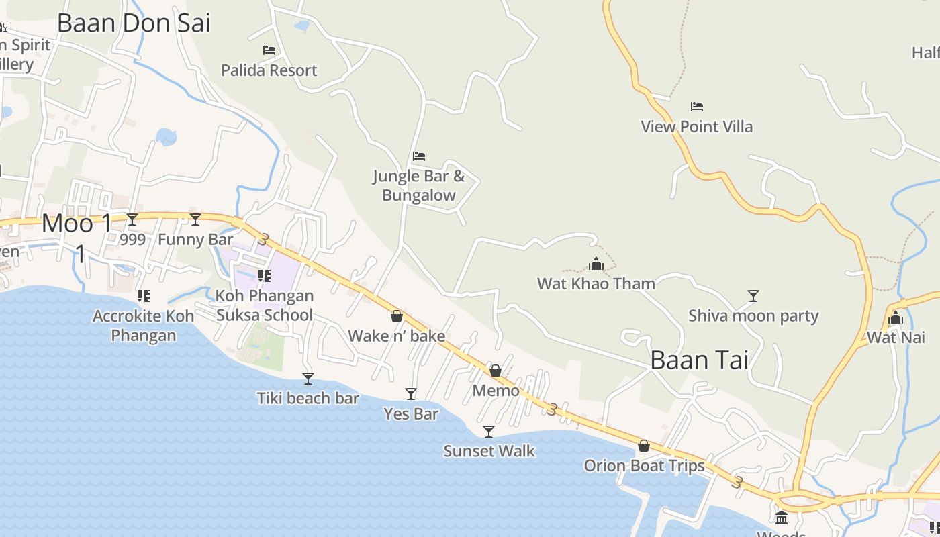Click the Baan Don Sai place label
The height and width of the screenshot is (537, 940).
(x=134, y=23)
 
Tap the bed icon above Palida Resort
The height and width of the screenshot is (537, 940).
(x=269, y=50)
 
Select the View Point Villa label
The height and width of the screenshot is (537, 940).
(x=696, y=126)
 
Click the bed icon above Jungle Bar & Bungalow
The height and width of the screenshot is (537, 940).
(x=419, y=157)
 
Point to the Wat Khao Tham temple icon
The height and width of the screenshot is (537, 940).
(x=596, y=264)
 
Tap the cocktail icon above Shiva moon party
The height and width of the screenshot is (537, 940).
(x=753, y=296)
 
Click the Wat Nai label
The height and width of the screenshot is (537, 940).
(x=896, y=337)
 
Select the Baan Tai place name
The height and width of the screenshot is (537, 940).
(x=699, y=360)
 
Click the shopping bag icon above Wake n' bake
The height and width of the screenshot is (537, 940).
(x=397, y=316)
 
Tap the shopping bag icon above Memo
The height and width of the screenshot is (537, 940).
(x=496, y=371)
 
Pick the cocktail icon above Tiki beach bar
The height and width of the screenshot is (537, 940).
(x=308, y=379)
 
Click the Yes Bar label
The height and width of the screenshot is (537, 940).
(x=411, y=413)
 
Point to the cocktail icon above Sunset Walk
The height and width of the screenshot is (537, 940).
(x=489, y=432)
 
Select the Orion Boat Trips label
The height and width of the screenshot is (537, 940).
(x=644, y=465)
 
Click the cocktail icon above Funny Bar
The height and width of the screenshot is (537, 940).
(x=195, y=219)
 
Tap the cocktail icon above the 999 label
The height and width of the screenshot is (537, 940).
(x=132, y=219)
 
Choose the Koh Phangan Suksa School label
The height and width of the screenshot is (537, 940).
(x=264, y=305)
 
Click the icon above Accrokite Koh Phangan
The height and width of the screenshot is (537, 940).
(x=143, y=296)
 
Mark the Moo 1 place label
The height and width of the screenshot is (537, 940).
(x=77, y=223)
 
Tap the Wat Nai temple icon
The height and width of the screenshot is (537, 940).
(x=896, y=318)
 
